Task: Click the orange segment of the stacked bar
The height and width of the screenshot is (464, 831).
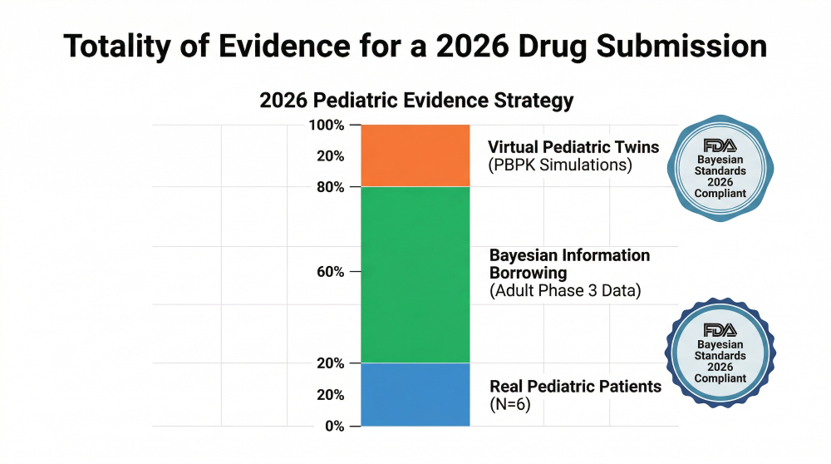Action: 415,155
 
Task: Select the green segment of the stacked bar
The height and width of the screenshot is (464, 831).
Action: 415,274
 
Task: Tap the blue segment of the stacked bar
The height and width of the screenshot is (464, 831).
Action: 415,394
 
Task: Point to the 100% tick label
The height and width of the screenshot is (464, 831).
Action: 327,126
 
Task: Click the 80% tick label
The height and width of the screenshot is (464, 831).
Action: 331,187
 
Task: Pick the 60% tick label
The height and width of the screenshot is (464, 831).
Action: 331,272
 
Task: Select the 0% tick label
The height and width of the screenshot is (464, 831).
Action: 334,427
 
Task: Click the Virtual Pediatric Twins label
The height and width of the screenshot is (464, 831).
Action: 573,147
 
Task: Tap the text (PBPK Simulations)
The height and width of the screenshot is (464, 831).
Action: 560,165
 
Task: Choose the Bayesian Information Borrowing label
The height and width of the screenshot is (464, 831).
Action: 569,264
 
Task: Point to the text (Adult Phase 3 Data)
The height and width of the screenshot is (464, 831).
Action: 565,290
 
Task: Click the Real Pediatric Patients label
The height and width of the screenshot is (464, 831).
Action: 576,386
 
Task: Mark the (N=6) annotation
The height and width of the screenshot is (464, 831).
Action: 510,405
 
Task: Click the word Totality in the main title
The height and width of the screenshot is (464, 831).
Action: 117,46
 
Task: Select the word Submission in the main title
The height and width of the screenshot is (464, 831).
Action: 681,46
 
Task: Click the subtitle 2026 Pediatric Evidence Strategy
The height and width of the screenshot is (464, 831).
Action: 416,101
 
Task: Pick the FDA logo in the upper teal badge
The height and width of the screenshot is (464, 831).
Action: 720,146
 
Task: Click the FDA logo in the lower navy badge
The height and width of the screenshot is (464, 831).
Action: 720,330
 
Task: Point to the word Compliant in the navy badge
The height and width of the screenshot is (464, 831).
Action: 720,378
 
